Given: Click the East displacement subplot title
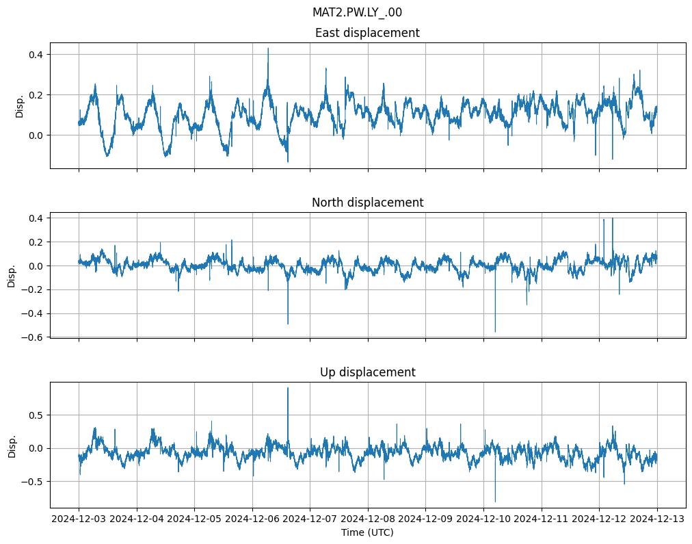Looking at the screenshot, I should click(x=367, y=33).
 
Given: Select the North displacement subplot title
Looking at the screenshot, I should click(x=367, y=203).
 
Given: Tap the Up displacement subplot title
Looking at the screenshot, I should click(x=367, y=372).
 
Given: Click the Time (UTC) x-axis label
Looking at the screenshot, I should click(x=367, y=532).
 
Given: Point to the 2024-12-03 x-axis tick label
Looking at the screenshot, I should click(x=79, y=519).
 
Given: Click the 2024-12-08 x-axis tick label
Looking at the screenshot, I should click(x=368, y=519).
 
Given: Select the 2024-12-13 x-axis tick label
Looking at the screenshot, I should click(x=657, y=519).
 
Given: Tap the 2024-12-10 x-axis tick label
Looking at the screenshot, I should click(x=483, y=519).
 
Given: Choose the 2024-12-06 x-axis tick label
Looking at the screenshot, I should click(x=252, y=519).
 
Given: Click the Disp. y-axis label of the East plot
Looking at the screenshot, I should click(x=20, y=105).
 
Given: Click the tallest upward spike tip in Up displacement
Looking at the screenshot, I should click(x=288, y=388).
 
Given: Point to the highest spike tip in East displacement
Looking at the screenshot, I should click(x=268, y=48).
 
